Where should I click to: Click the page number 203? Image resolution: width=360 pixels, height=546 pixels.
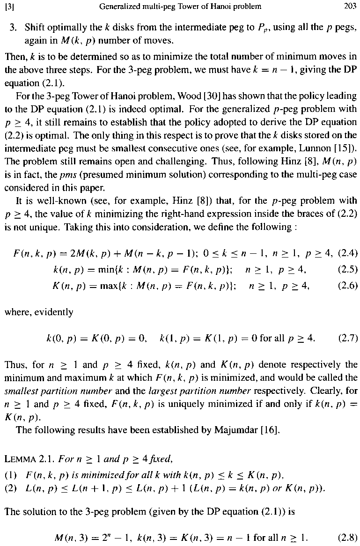[350, 7]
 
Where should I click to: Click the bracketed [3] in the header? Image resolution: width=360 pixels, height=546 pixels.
[9, 7]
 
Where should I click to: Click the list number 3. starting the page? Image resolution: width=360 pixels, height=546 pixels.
[13, 25]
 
